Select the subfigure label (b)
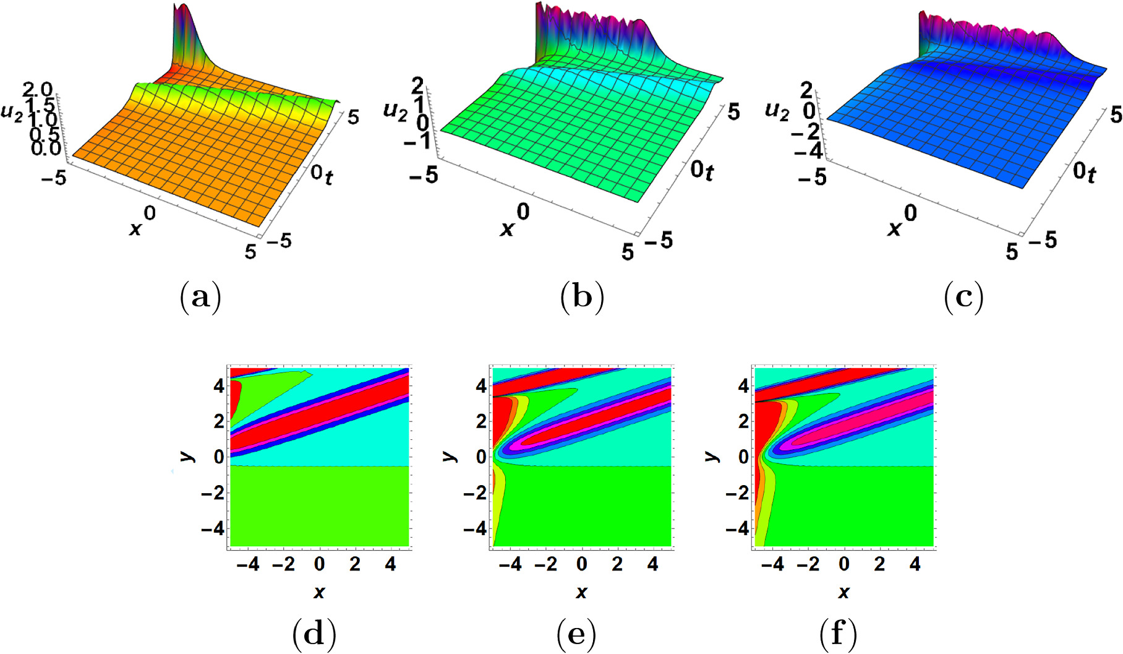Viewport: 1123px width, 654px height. tap(581, 297)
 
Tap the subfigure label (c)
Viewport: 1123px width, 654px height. tap(963, 297)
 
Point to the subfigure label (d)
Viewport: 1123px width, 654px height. tap(314, 634)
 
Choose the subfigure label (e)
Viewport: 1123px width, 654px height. tap(576, 634)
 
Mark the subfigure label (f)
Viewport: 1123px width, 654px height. tap(839, 634)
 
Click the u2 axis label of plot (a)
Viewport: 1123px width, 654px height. tap(12, 113)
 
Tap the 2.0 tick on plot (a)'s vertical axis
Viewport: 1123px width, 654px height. tap(37, 91)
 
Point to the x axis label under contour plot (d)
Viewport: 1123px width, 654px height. tap(319, 593)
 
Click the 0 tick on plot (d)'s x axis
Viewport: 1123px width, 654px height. tap(319, 564)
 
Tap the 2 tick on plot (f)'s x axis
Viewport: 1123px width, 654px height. tap(879, 564)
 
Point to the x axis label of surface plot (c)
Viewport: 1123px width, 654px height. tap(894, 230)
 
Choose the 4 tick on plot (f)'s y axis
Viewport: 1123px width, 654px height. tap(743, 386)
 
